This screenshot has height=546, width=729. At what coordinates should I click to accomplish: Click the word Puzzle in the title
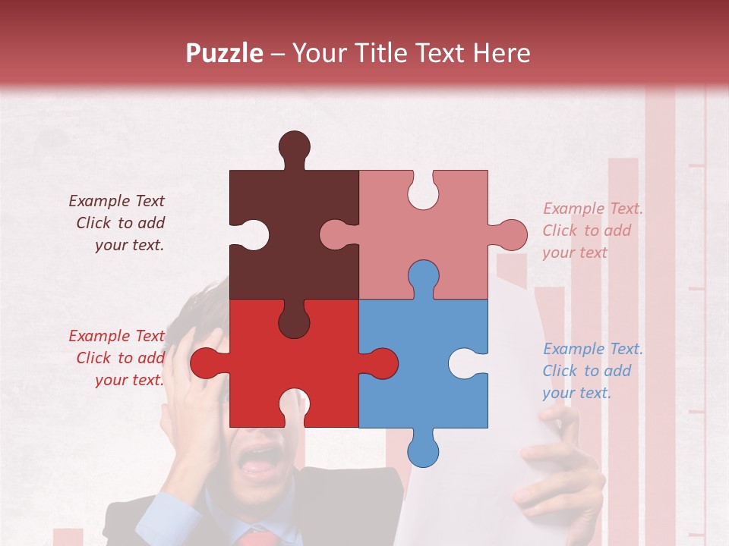click(225, 54)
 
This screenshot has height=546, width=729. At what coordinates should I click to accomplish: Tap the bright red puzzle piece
click(292, 364)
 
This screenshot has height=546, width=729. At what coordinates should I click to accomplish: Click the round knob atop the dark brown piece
click(295, 146)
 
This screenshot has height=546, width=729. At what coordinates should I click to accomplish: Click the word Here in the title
click(501, 53)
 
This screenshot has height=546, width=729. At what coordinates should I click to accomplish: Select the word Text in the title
click(441, 53)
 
